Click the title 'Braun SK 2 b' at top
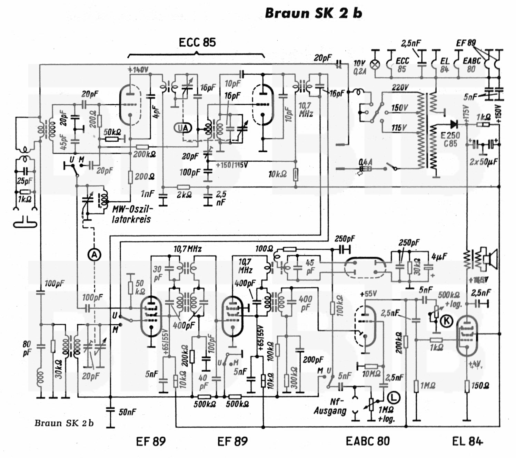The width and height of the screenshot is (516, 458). tap(313, 13)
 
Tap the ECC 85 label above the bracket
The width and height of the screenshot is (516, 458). tap(197, 42)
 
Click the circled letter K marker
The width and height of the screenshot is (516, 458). tap(447, 321)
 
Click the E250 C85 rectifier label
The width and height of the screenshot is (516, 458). tap(450, 139)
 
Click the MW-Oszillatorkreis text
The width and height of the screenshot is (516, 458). tap(132, 214)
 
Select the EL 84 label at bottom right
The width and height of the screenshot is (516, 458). tap(467, 441)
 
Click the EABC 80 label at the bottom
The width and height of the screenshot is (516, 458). tap(368, 441)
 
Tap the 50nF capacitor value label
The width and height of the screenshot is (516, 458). tap(127, 412)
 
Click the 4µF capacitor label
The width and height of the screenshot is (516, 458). tap(439, 256)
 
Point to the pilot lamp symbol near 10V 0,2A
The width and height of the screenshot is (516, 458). tap(375, 65)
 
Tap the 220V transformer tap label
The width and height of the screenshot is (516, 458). tap(400, 87)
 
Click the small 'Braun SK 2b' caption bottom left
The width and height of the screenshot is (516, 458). tap(64, 423)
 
